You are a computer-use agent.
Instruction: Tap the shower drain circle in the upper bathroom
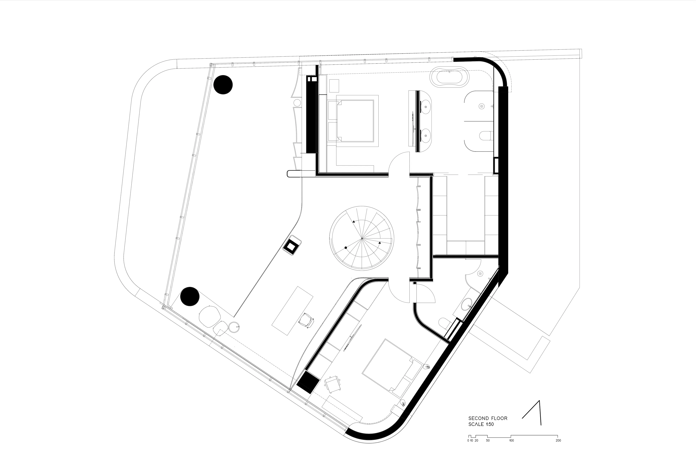[x=481, y=106]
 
